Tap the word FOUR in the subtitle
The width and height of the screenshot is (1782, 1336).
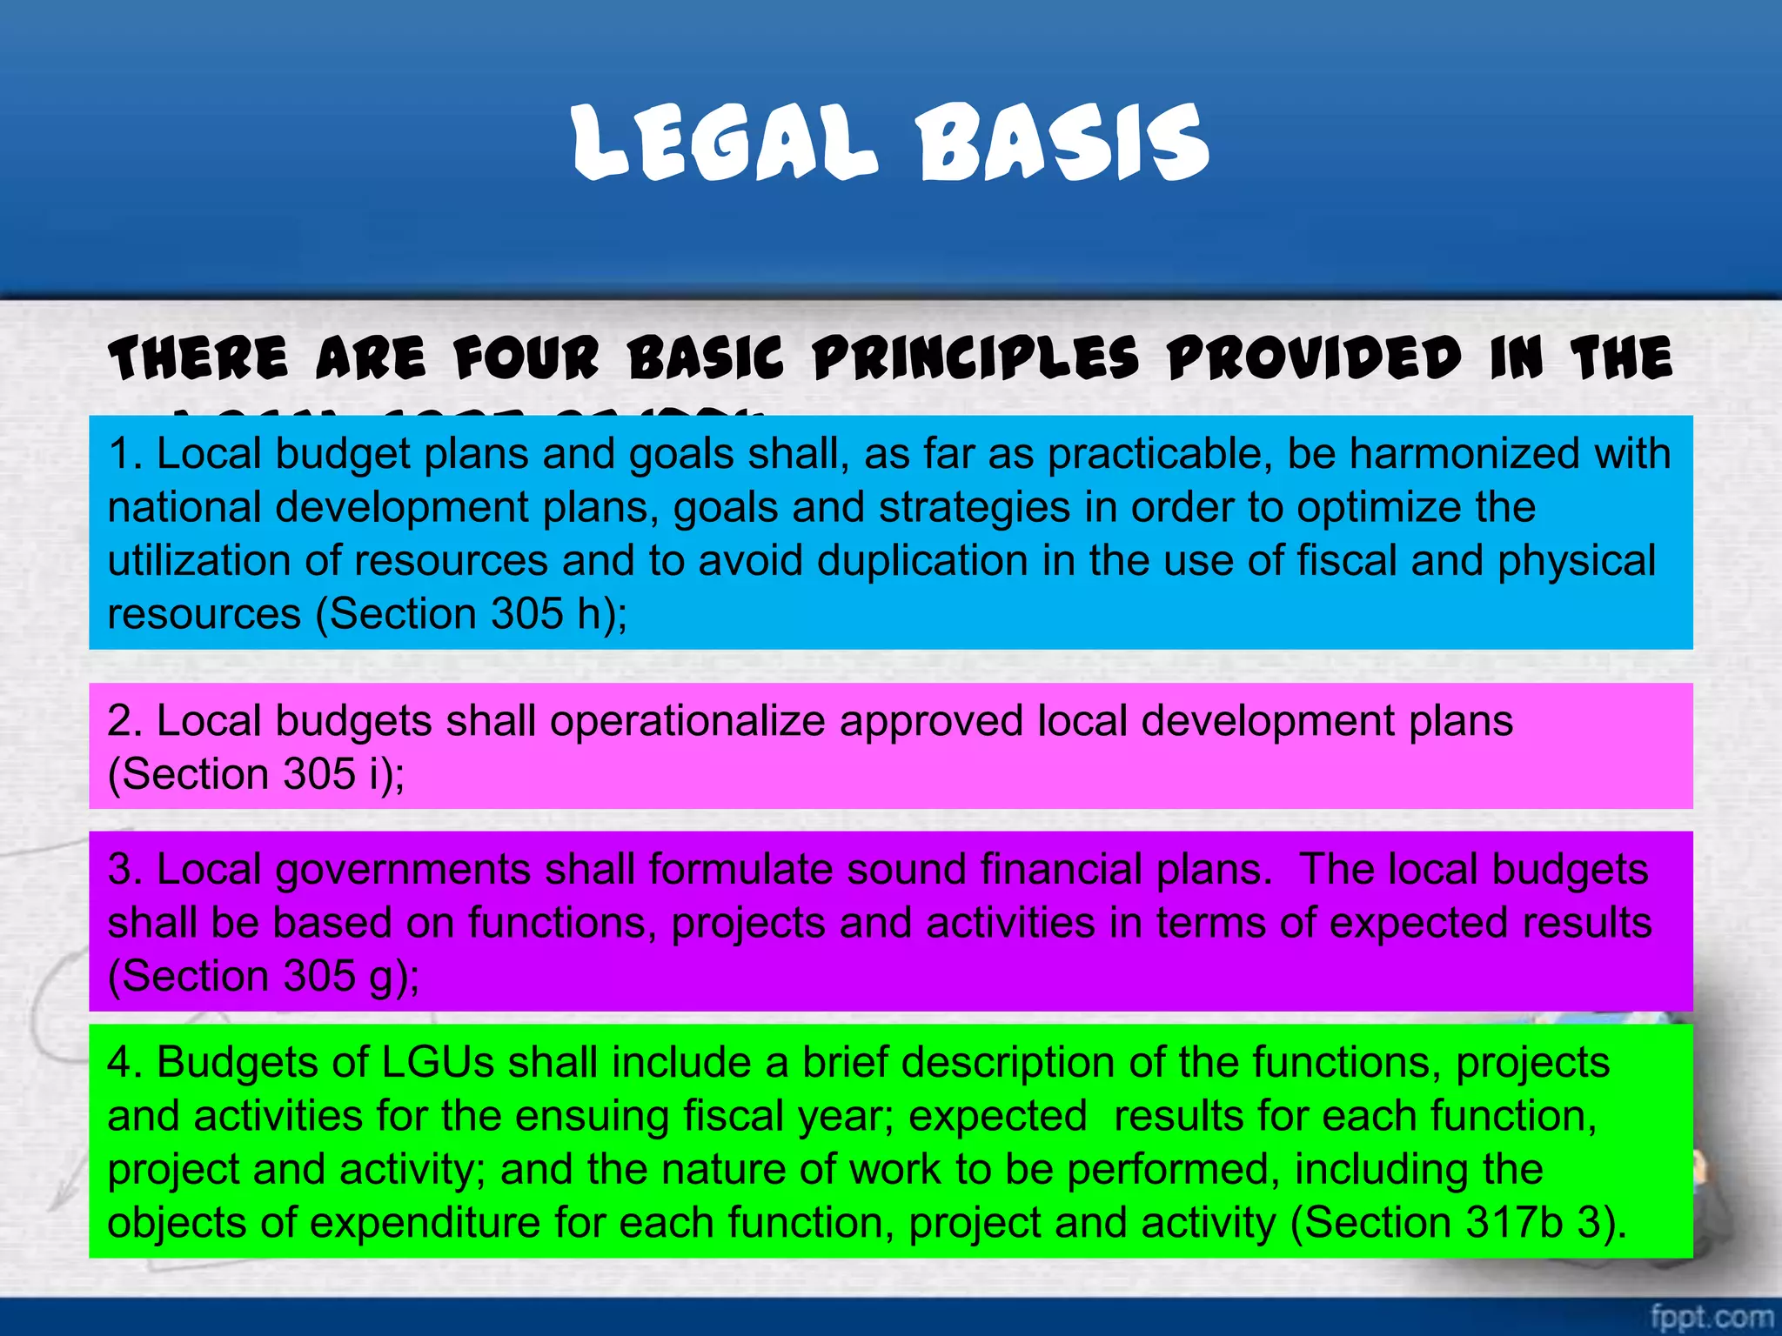(x=526, y=358)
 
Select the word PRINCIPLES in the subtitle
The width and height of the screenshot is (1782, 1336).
(x=975, y=358)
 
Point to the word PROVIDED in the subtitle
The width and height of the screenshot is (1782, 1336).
(x=1315, y=358)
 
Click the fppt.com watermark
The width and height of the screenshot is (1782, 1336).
(x=1711, y=1316)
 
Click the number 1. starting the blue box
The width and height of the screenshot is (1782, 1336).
(x=125, y=454)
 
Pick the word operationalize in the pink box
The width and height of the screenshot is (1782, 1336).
(x=687, y=721)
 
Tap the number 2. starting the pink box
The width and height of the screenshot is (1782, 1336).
(x=125, y=721)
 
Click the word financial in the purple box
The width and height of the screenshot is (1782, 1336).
(x=1061, y=869)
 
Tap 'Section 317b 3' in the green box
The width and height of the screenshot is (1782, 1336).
(x=1452, y=1223)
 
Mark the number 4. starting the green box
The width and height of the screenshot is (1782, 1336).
(x=125, y=1063)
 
